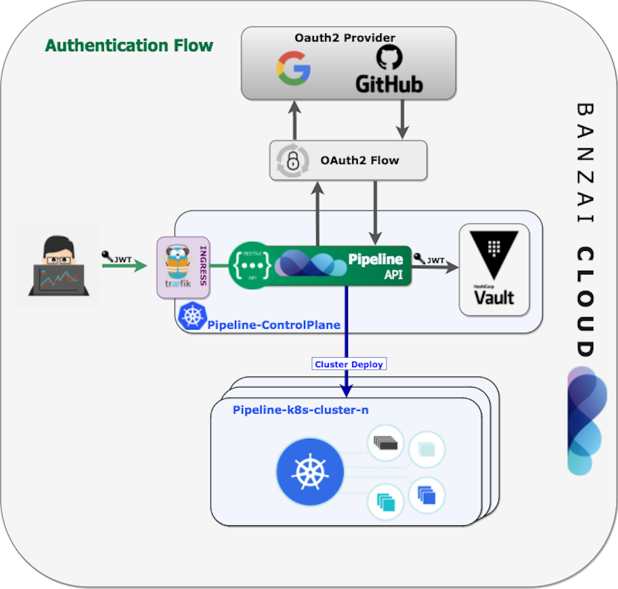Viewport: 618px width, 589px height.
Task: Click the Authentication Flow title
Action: click(129, 46)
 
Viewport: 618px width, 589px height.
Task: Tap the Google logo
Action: click(293, 68)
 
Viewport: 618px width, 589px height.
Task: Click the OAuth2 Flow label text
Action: click(360, 161)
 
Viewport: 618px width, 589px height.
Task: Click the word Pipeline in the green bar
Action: click(375, 259)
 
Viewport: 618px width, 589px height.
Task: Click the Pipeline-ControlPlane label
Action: click(274, 324)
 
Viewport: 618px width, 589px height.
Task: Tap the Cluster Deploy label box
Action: click(349, 364)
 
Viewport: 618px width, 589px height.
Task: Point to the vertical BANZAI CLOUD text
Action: click(584, 229)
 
